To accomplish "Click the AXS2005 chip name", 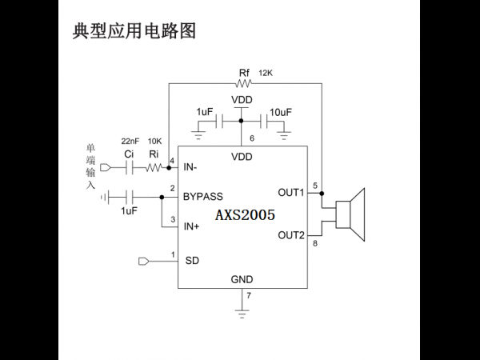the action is (x=245, y=215).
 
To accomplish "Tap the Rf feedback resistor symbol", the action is (x=244, y=83).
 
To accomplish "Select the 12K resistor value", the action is (x=266, y=73).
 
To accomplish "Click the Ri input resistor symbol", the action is (x=154, y=168).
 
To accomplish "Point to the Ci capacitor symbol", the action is (x=130, y=168).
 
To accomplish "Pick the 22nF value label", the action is (x=130, y=141).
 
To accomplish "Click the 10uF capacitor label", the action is (x=281, y=112).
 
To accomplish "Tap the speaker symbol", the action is (x=350, y=214).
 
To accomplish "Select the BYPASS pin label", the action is (x=203, y=197).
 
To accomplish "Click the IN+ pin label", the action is (x=191, y=226).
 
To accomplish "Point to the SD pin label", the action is (x=192, y=261).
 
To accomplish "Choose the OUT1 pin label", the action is (x=291, y=193).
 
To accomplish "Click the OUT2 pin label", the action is (x=291, y=235).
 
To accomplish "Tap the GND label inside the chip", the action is (x=242, y=279).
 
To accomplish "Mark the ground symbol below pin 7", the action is (x=242, y=314).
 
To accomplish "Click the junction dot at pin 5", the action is (x=322, y=193).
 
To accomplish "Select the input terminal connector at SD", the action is (x=143, y=262).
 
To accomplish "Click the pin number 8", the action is (x=315, y=244).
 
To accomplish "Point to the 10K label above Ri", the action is (x=154, y=141).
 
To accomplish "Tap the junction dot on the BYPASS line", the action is (x=162, y=197).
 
